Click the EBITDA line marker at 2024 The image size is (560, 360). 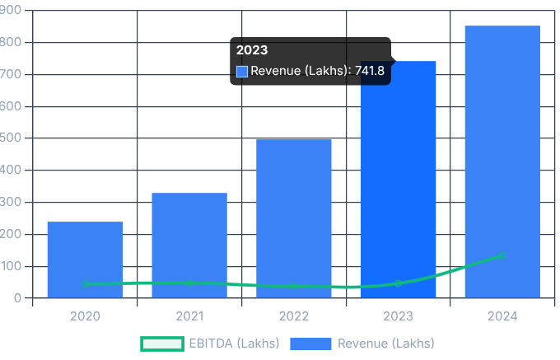(x=502, y=255)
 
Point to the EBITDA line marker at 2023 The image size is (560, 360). (x=399, y=283)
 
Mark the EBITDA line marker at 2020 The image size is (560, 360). (x=85, y=284)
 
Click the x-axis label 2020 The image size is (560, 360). (x=85, y=316)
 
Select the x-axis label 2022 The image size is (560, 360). (x=294, y=316)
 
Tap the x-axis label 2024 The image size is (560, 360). (x=502, y=316)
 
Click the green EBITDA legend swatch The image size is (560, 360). (x=161, y=344)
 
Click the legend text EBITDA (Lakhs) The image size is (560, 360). (x=234, y=344)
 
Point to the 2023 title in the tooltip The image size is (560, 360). (x=252, y=50)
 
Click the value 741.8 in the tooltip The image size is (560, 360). (x=370, y=72)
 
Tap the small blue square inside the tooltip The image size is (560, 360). (x=242, y=72)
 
